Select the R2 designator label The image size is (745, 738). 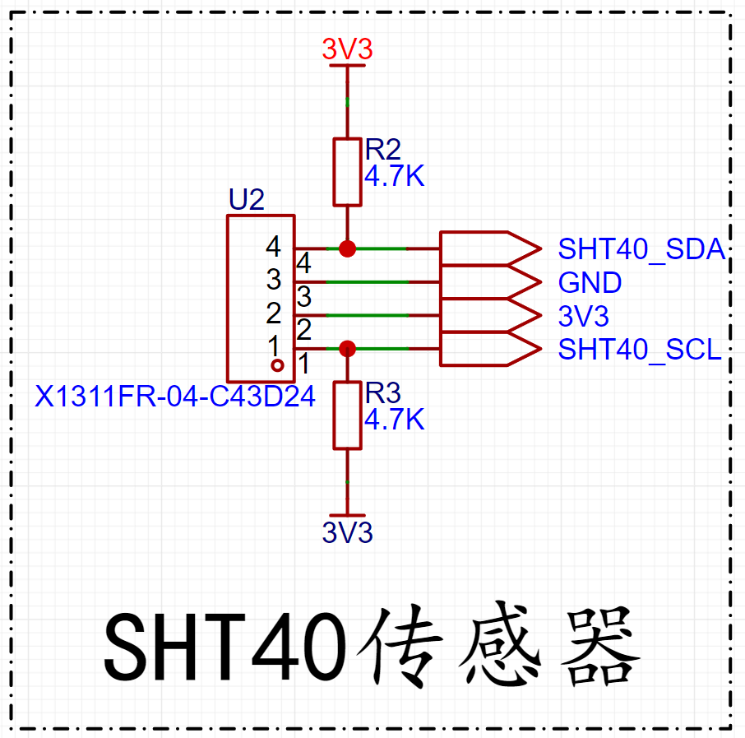click(x=382, y=150)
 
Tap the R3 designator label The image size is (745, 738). click(x=382, y=392)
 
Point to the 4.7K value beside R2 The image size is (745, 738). click(x=395, y=176)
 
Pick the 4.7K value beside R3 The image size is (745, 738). click(x=395, y=419)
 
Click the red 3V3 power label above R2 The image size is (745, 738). click(x=347, y=49)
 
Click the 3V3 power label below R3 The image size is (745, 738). click(x=347, y=532)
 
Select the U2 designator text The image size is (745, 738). click(x=247, y=199)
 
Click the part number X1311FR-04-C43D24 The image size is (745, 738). click(x=175, y=396)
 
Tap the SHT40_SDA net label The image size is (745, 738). click(x=641, y=248)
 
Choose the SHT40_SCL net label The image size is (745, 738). click(x=640, y=350)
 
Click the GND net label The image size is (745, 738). click(x=590, y=282)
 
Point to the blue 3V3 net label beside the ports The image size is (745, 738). click(x=584, y=316)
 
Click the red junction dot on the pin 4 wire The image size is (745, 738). click(x=347, y=248)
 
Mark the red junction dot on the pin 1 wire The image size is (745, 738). click(x=347, y=349)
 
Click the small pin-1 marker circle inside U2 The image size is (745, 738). click(x=277, y=365)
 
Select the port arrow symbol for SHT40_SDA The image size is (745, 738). click(x=490, y=248)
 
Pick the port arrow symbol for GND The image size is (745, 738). click(x=490, y=282)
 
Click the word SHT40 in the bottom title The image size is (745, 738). click(x=224, y=646)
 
